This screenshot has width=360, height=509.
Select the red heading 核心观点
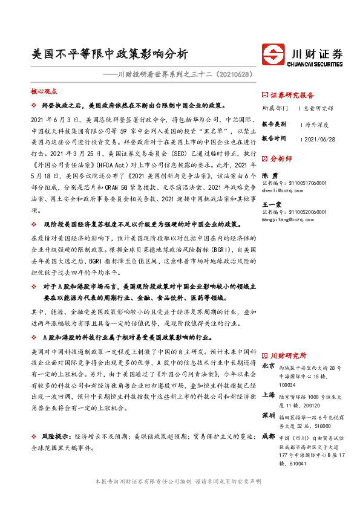coord(44,91)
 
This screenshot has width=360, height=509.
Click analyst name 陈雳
coord(270,174)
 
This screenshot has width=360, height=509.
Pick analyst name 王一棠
coord(273,204)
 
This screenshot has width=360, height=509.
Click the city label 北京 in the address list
coord(269,366)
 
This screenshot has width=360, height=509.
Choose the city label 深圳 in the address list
coord(269,417)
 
